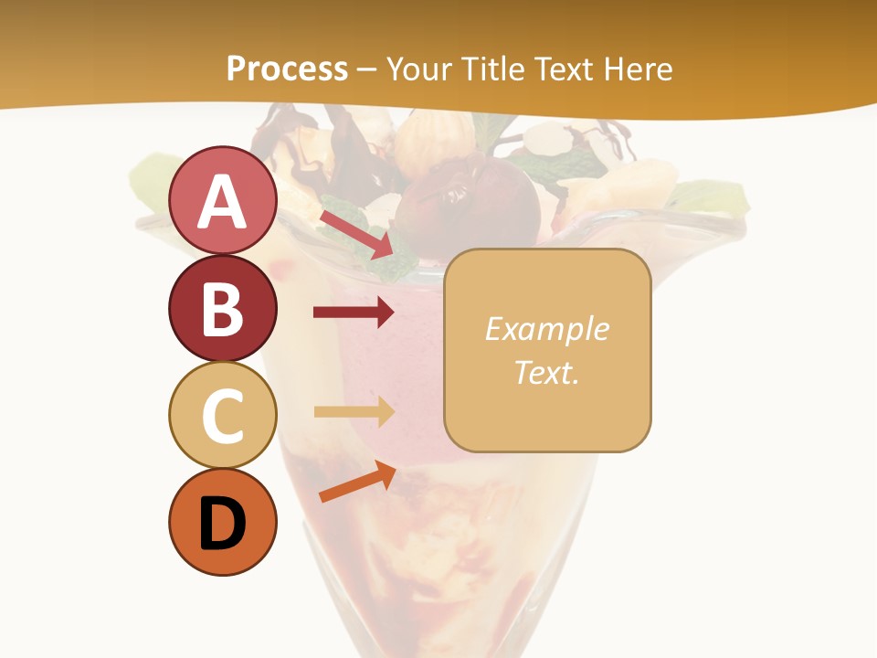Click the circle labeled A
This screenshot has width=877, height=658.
pyautogui.click(x=223, y=201)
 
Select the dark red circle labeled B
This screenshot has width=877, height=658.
pyautogui.click(x=223, y=309)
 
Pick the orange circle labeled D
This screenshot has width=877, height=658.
pyautogui.click(x=223, y=522)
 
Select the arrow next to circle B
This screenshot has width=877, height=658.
pyautogui.click(x=354, y=313)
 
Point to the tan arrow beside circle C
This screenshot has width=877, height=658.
pyautogui.click(x=354, y=412)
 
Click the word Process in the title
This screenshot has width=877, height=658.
pyautogui.click(x=287, y=69)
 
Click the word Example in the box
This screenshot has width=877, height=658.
pyautogui.click(x=546, y=329)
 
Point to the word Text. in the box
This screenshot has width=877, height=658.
pyautogui.click(x=546, y=372)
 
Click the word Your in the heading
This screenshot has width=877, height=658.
pyautogui.click(x=419, y=69)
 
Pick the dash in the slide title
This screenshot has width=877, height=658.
pyautogui.click(x=367, y=69)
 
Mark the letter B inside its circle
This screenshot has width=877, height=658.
pyautogui.click(x=223, y=309)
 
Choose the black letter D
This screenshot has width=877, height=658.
pyautogui.click(x=223, y=523)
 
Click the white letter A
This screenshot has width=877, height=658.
pyautogui.click(x=223, y=201)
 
